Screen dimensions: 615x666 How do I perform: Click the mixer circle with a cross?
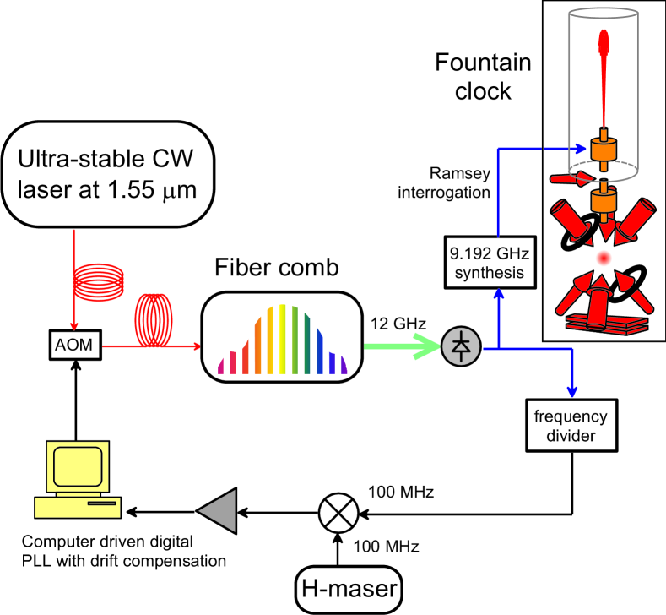(337, 511)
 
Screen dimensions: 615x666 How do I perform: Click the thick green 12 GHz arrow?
(402, 346)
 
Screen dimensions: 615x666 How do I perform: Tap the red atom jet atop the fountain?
(603, 76)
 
